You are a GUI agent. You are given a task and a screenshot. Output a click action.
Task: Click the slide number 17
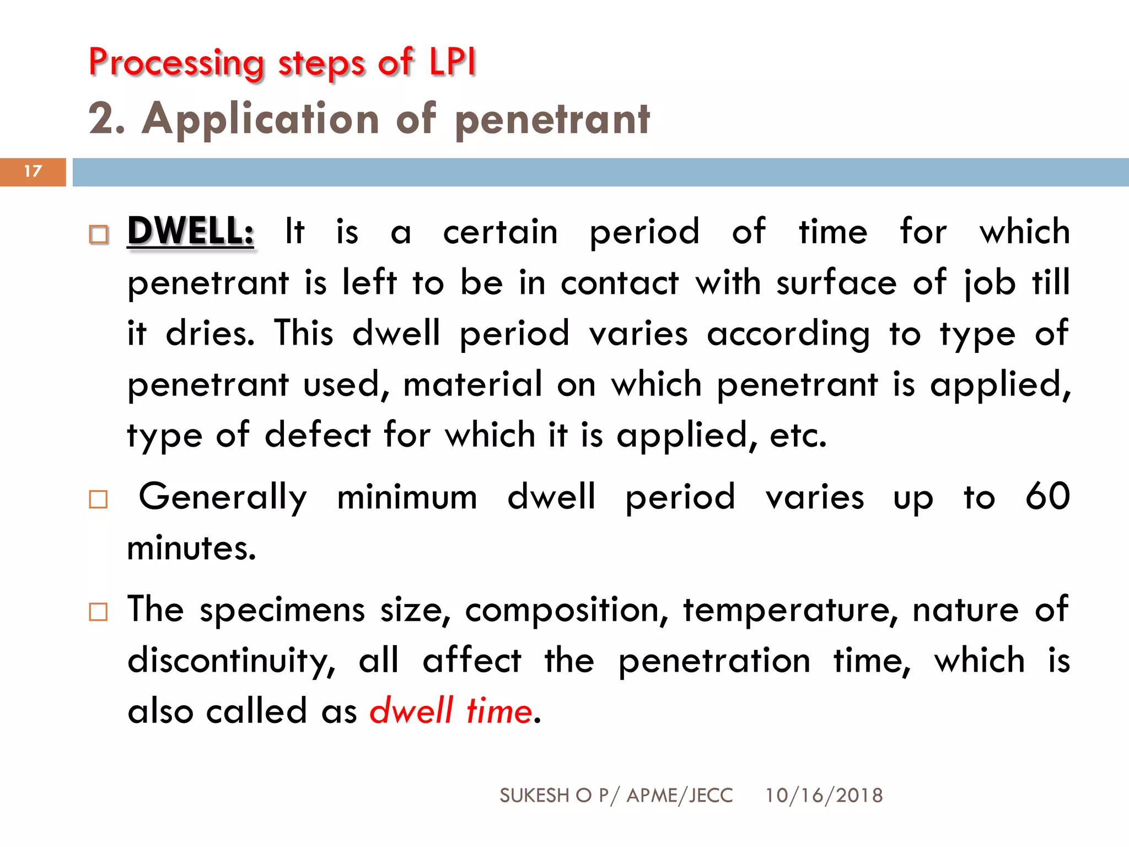point(33,171)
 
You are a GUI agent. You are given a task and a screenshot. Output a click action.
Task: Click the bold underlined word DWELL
point(190,230)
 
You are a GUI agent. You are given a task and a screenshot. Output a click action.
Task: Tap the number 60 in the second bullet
point(1047,496)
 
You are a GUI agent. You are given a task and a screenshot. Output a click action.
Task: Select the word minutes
point(191,548)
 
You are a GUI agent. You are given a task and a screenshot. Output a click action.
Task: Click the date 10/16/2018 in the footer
point(824,795)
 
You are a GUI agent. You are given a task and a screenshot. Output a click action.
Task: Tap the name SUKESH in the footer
point(534,795)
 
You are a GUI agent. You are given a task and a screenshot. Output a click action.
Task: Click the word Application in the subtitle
point(260,119)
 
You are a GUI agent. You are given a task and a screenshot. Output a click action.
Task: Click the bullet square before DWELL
point(99,235)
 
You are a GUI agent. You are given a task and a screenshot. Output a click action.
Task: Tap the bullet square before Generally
point(99,500)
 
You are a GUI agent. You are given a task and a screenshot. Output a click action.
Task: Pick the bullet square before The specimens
point(99,612)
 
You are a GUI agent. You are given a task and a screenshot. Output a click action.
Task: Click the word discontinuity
point(231,661)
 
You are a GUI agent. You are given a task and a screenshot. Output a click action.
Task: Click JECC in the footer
point(711,795)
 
